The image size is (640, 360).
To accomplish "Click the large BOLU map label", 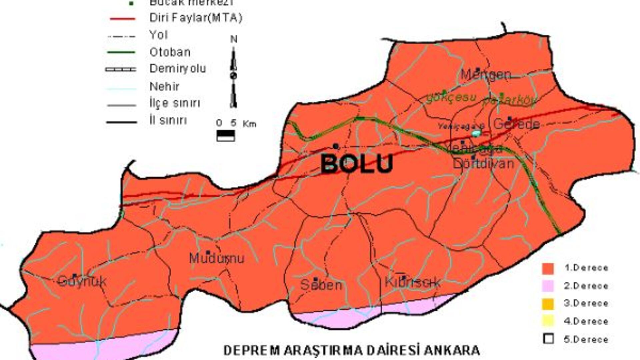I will [357, 163].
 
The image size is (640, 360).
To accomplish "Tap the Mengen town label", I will [485, 74].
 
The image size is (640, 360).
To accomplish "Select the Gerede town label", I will [516, 124].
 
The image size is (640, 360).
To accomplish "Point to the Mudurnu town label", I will [217, 258].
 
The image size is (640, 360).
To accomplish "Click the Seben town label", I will [321, 285].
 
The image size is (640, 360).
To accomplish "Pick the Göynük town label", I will [82, 281].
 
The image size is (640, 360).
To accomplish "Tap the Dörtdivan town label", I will [483, 163].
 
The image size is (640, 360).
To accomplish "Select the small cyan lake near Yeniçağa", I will [476, 133].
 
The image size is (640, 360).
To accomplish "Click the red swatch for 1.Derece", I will [548, 268].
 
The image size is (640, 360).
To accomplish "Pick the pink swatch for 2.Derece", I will [548, 286].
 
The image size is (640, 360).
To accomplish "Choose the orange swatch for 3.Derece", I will [548, 304].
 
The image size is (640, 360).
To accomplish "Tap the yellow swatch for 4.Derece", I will [548, 321].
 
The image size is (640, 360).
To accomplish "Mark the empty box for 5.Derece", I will [548, 339].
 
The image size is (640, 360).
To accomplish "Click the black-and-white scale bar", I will [226, 136].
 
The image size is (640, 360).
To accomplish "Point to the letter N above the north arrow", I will [234, 39].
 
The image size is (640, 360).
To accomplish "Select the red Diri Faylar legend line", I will [122, 19].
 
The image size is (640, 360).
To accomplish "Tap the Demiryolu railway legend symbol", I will [121, 69].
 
